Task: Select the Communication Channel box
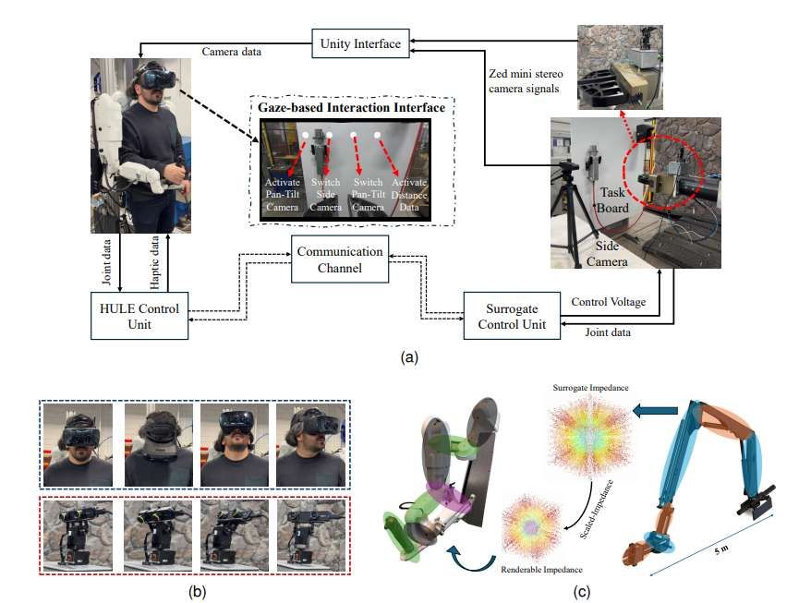coord(340,260)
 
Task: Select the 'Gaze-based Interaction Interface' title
coord(351,108)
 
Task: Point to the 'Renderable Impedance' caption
coord(541,570)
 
